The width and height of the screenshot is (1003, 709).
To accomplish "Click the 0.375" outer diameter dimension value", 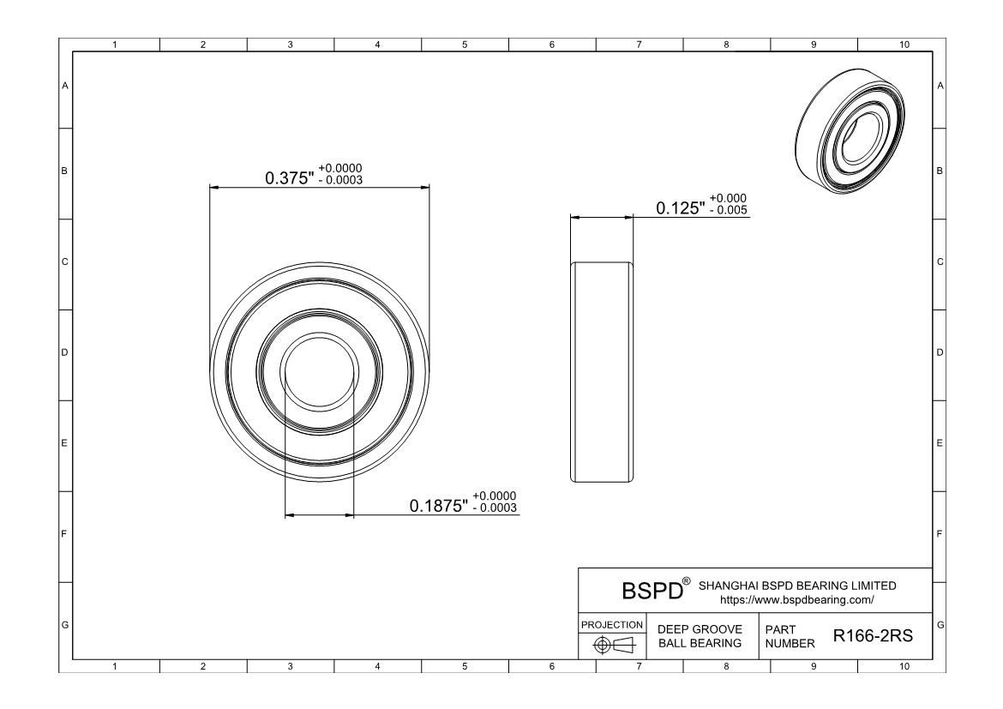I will click(x=290, y=177).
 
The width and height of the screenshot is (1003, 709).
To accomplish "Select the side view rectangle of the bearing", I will click(x=603, y=372).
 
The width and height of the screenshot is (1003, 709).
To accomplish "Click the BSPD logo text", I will click(x=653, y=591).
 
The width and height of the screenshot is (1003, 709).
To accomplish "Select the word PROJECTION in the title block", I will click(x=613, y=624).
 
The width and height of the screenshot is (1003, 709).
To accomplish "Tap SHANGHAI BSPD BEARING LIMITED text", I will click(x=797, y=586).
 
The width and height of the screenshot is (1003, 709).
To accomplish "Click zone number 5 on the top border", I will click(x=465, y=45).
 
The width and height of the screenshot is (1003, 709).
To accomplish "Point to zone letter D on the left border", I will click(x=64, y=352).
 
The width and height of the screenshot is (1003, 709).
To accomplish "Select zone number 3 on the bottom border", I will click(x=290, y=665).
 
